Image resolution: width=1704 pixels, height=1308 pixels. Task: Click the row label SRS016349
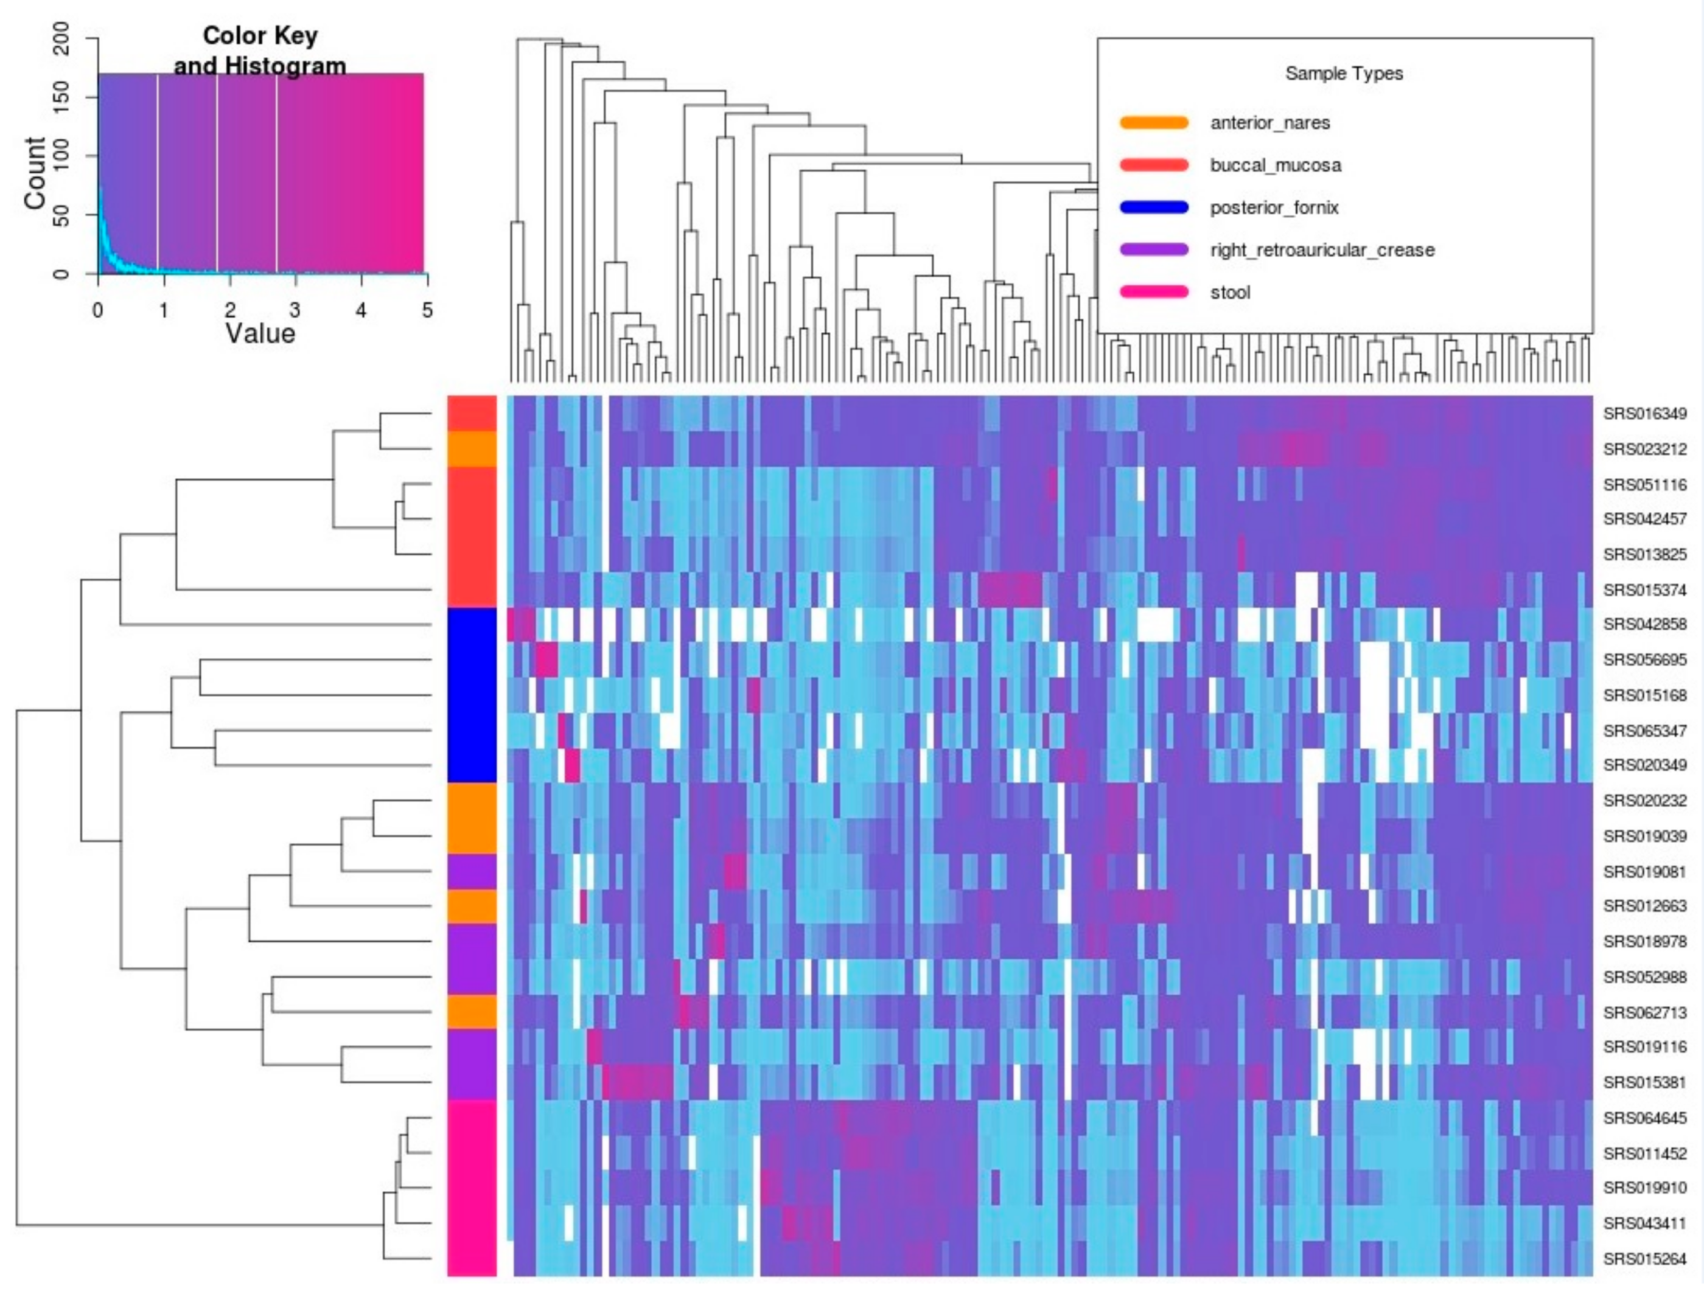pos(1644,414)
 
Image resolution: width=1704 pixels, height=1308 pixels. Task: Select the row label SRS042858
pos(1644,624)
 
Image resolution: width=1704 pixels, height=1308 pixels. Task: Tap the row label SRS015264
pos(1644,1259)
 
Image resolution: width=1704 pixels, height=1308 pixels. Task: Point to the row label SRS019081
pos(1644,871)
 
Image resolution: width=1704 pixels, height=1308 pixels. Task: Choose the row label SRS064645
pos(1644,1118)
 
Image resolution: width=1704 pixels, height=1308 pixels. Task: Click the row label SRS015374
pos(1644,590)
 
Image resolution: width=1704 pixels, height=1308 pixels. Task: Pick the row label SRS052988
pos(1644,977)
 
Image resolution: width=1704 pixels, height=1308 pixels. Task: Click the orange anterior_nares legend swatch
pos(1153,122)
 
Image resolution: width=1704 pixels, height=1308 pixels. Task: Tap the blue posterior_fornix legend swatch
pos(1153,207)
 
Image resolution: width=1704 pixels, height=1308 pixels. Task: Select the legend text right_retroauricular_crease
pos(1322,250)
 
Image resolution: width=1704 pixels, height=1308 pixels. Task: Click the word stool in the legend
pos(1230,293)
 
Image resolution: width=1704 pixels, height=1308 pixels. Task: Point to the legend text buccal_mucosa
pos(1275,165)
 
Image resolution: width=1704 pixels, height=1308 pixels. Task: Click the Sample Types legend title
pos(1343,73)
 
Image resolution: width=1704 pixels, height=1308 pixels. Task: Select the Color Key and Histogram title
pos(260,50)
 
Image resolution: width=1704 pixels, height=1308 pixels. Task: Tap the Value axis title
pos(260,334)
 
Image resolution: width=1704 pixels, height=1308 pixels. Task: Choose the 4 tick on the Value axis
pos(361,310)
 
